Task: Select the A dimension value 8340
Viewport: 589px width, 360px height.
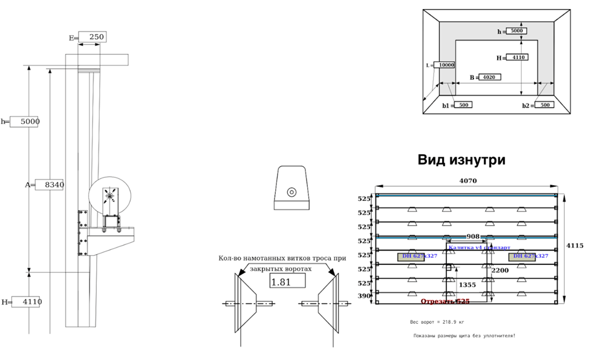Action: click(x=50, y=185)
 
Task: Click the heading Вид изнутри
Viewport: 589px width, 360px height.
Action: click(x=461, y=160)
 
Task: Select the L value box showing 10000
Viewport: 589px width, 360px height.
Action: click(x=446, y=65)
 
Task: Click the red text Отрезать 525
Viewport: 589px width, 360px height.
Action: click(x=445, y=301)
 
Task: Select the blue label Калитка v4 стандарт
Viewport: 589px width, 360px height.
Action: click(x=479, y=247)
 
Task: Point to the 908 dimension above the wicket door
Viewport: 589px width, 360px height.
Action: click(x=473, y=237)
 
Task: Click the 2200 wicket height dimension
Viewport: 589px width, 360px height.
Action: click(x=500, y=270)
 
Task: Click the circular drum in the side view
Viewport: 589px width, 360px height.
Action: click(x=109, y=195)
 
